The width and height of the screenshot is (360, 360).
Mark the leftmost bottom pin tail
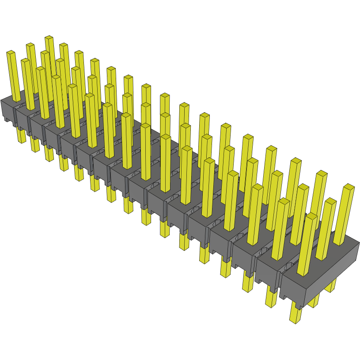click(x=21, y=134)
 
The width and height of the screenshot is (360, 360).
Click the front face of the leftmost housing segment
click(x=8, y=110)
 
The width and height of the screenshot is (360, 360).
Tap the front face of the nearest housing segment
click(x=292, y=289)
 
